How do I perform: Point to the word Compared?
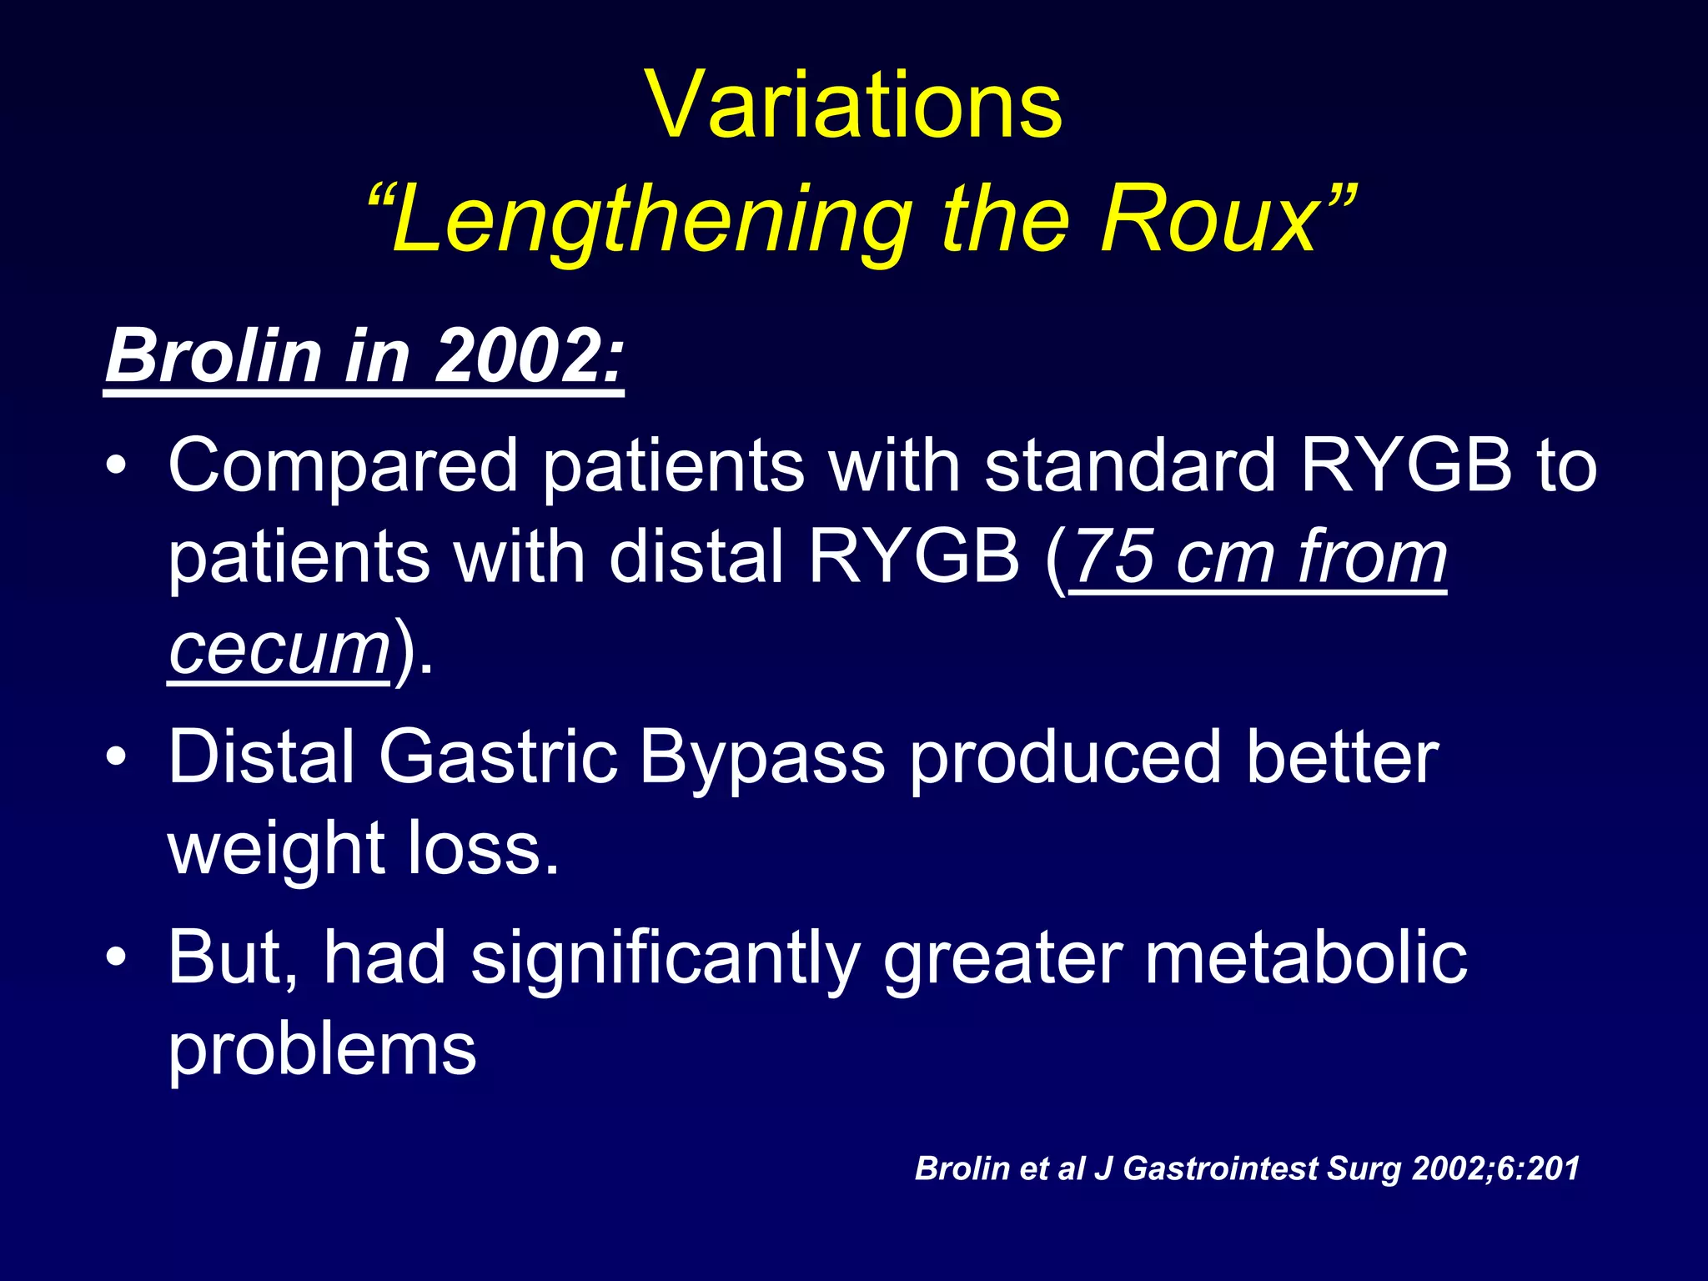[343, 466]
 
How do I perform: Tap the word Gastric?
[498, 756]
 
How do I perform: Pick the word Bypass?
[761, 758]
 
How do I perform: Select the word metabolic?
[1305, 957]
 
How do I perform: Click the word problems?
[322, 1050]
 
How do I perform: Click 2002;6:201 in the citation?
[1495, 1168]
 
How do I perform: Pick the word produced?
[1064, 758]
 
